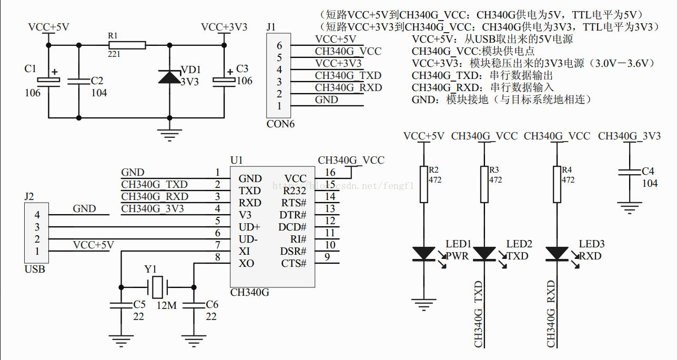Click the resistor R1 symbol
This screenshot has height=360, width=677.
click(127, 45)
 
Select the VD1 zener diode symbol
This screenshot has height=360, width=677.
click(169, 77)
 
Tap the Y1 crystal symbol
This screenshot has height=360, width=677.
click(157, 287)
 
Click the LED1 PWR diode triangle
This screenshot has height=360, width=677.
click(424, 254)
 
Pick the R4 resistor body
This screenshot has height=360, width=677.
click(557, 184)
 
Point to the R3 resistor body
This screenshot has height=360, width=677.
click(484, 184)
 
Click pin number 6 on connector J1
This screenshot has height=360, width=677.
click(279, 45)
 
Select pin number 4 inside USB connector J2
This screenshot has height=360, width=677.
click(37, 215)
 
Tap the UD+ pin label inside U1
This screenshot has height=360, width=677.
click(249, 227)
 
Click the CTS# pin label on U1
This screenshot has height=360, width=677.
click(294, 263)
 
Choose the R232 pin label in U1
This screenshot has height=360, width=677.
click(295, 191)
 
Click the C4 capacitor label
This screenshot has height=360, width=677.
click(648, 171)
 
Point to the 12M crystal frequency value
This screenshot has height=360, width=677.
click(167, 305)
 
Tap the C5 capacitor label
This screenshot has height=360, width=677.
click(139, 304)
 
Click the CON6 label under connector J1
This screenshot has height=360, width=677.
click(280, 124)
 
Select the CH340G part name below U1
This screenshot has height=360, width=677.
click(250, 293)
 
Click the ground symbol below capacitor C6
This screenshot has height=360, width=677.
click(194, 341)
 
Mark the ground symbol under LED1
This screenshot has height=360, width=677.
click(424, 305)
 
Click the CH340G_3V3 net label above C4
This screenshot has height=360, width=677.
click(629, 136)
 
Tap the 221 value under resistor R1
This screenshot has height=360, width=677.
click(114, 54)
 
